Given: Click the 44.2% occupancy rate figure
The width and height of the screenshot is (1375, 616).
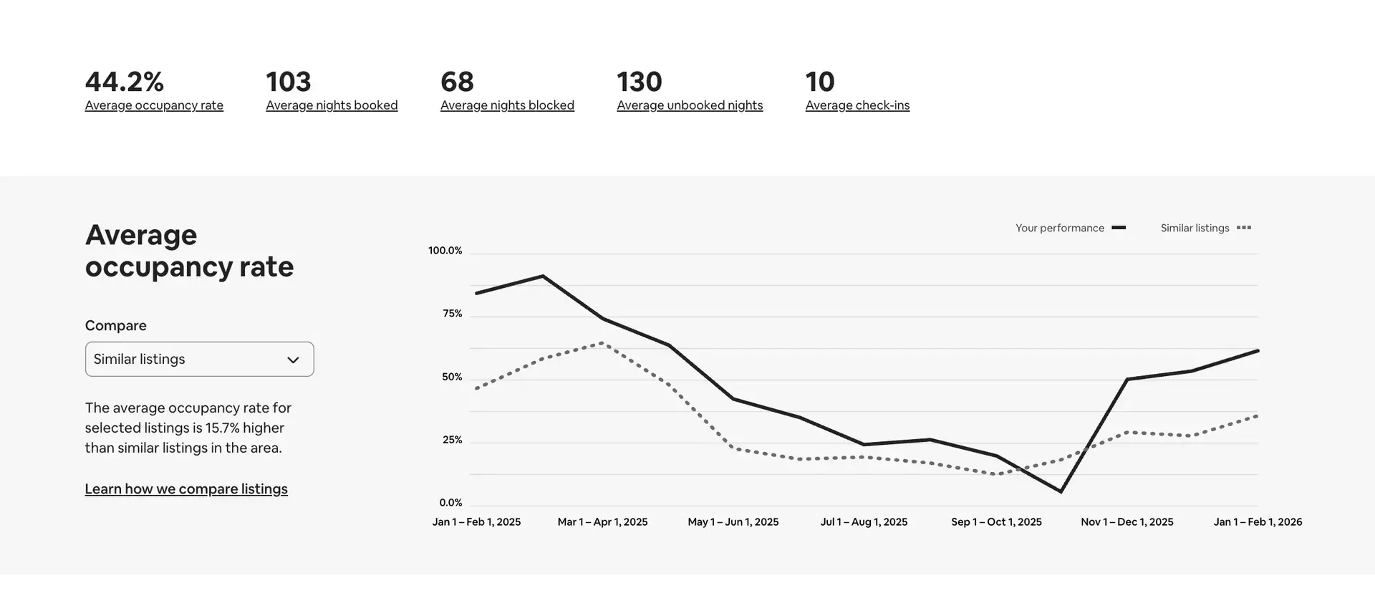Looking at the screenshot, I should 125,82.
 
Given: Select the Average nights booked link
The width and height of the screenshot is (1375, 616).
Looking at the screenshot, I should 332,105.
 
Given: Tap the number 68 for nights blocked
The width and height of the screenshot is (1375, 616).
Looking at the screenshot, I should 457,82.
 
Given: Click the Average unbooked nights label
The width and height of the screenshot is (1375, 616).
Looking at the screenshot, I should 690,105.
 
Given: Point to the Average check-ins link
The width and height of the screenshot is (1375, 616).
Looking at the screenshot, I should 857,105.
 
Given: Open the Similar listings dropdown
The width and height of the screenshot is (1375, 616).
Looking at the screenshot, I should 199,359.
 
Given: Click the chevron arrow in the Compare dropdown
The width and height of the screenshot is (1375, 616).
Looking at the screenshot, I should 293,360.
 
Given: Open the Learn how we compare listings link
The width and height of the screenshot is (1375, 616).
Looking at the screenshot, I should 186,489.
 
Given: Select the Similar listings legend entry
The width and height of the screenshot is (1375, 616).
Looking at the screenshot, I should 1205,228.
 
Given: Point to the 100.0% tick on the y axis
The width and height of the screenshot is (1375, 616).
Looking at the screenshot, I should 445,251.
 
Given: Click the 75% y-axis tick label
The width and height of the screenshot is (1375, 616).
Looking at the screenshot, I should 452,314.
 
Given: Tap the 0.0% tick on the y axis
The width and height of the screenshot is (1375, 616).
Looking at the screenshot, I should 450,503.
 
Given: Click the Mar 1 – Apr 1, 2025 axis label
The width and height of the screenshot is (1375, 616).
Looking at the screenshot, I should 602,522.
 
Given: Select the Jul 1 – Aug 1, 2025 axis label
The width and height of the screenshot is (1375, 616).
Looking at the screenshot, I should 864,522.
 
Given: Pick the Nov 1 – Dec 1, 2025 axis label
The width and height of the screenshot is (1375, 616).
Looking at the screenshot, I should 1126,522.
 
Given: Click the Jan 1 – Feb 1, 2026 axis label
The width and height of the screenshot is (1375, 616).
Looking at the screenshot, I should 1258,522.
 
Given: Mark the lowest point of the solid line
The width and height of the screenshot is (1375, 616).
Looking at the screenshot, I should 1061,492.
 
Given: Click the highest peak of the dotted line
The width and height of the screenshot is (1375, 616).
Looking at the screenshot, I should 602,343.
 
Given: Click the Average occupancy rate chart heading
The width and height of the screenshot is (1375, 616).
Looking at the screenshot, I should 189,251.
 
